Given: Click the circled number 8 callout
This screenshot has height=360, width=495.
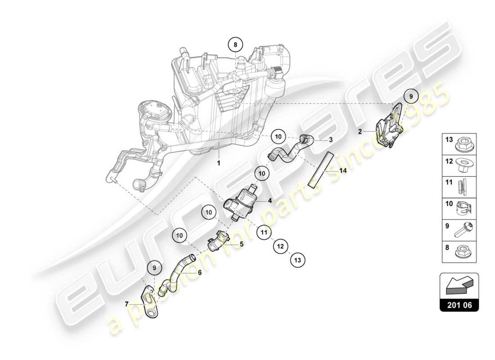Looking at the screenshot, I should tap(235, 45).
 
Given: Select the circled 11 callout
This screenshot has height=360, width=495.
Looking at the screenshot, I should tap(264, 233).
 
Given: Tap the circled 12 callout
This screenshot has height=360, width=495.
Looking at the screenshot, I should tap(280, 246).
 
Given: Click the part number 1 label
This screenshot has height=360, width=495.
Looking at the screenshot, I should tap(219, 163).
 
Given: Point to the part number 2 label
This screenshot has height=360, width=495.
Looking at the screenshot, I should tap(360, 132).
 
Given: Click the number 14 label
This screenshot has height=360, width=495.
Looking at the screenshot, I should tap(343, 171).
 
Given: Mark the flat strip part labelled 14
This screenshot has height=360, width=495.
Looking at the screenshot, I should tap(321, 169).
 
